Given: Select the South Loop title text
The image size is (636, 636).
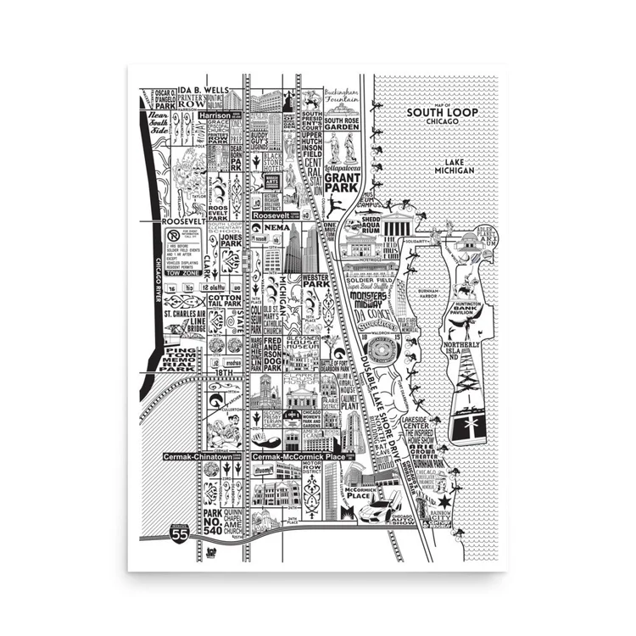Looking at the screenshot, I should pos(438,114).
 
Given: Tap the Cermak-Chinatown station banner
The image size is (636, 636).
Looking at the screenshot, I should pos(198,456).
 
